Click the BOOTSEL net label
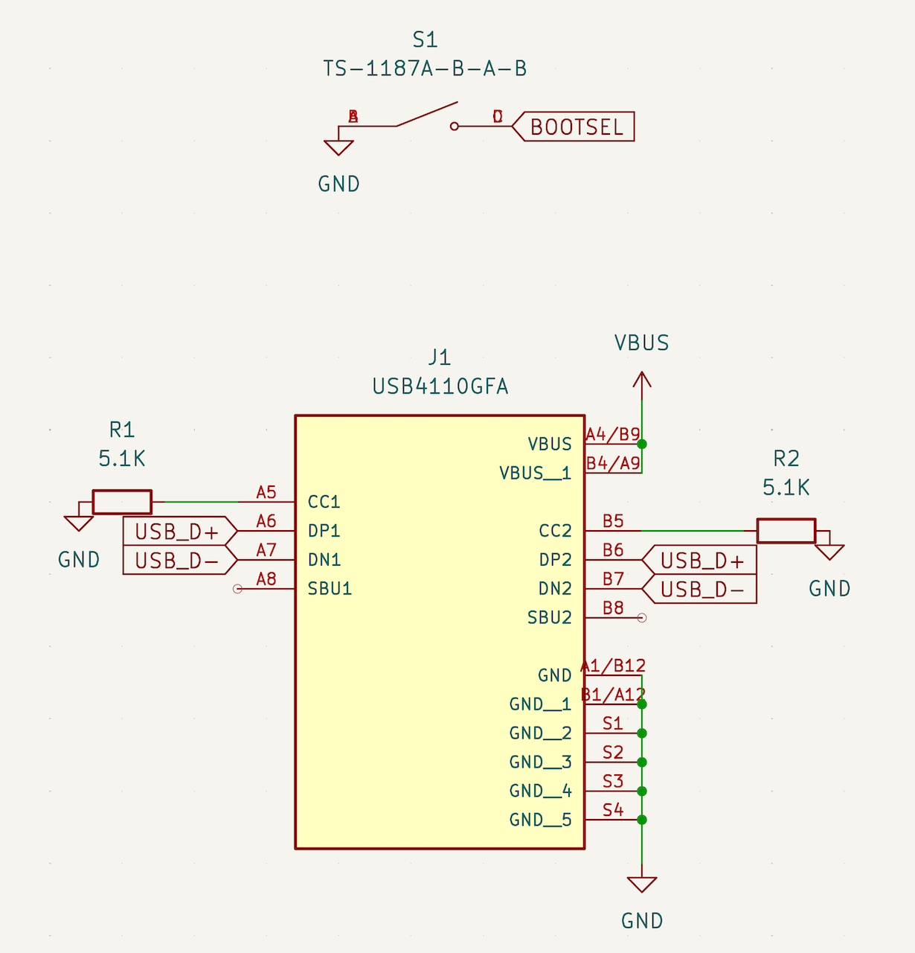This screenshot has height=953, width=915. tap(577, 127)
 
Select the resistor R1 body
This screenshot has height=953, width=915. tap(122, 502)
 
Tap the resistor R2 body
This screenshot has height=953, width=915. tap(786, 531)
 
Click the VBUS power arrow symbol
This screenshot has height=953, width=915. tap(642, 380)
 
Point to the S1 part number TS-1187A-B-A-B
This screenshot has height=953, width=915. tap(425, 68)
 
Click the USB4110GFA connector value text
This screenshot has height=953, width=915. tap(440, 386)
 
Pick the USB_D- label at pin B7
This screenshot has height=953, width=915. tap(701, 590)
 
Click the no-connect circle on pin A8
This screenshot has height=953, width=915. tap(238, 589)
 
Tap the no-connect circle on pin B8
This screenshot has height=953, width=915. tap(642, 618)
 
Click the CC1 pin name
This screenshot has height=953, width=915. tap(324, 502)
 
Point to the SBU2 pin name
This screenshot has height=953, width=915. tap(549, 618)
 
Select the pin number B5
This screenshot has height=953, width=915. tap(613, 521)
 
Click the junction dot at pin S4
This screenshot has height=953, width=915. tap(642, 820)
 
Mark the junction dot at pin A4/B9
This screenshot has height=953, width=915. tap(642, 444)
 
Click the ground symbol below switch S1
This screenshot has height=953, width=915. tap(338, 147)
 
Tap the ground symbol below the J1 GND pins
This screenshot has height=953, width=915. tap(642, 885)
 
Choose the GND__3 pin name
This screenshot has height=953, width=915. tap(540, 762)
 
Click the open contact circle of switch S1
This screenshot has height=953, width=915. tap(455, 127)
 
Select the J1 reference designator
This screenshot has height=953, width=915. tap(440, 357)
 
